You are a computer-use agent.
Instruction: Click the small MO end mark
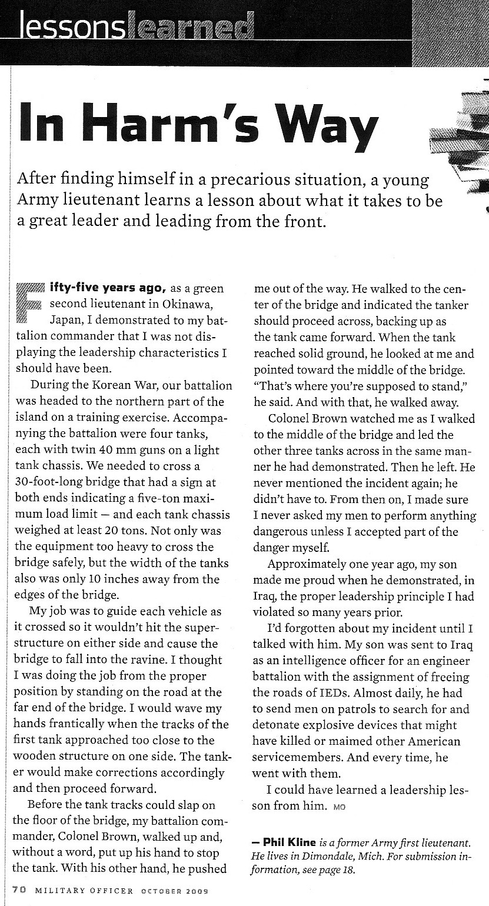point(340,807)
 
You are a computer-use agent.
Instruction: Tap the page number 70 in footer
point(18,891)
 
